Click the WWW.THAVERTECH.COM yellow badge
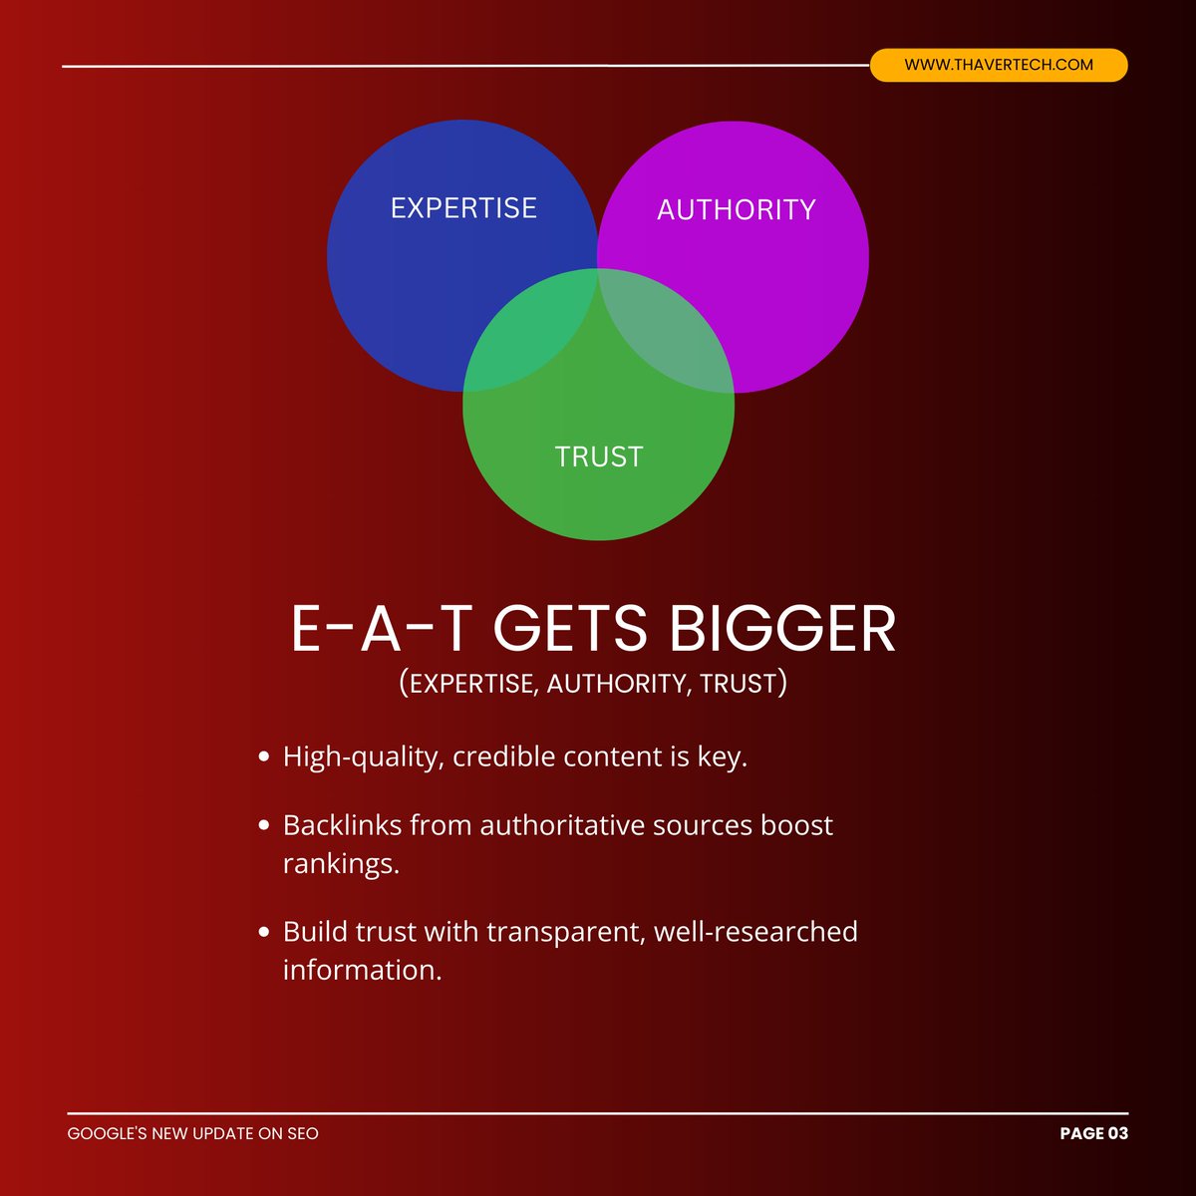pos(998,65)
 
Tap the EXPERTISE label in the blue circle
pos(463,207)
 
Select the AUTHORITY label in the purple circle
pos(736,209)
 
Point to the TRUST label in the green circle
pos(598,456)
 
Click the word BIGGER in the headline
pos(782,629)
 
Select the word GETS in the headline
pos(569,629)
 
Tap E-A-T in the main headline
pos(380,629)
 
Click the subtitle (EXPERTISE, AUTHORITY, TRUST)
pos(593,684)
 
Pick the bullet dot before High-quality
pos(264,757)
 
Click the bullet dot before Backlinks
pos(264,826)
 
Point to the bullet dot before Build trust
pos(264,933)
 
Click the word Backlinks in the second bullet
pos(342,825)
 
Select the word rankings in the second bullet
pos(340,863)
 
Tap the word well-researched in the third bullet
pos(755,932)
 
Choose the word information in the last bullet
pos(361,970)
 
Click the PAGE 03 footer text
pos(1093,1133)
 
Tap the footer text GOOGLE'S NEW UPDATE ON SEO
pos(193,1133)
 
